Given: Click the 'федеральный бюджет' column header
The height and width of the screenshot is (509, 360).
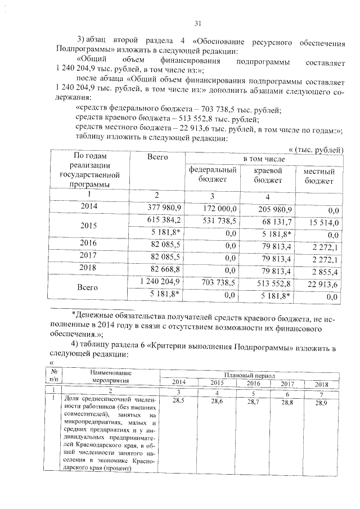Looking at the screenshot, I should pyautogui.click(x=213, y=174).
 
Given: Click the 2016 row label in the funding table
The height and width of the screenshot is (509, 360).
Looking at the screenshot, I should pyautogui.click(x=88, y=244).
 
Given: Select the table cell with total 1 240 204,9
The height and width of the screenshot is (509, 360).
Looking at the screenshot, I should pyautogui.click(x=159, y=281).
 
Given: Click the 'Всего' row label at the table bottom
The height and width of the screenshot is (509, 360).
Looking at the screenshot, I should pyautogui.click(x=88, y=287).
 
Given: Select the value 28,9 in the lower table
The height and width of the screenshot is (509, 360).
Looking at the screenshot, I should pyautogui.click(x=321, y=403).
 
